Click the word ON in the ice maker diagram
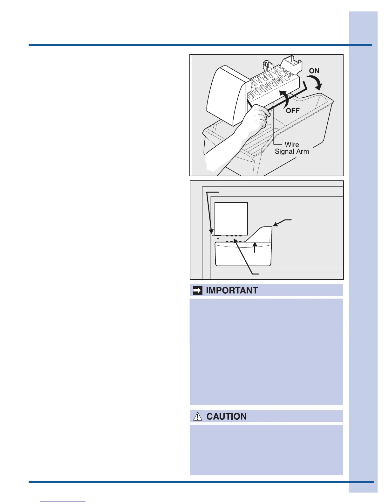314,71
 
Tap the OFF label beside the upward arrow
292,111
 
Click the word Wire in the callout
291,145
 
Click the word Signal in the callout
284,152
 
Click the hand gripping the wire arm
257,119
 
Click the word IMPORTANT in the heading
232,290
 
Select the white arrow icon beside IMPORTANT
198,290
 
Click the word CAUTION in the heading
226,417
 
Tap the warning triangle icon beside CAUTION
198,416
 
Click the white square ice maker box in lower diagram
231,218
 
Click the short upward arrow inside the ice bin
255,247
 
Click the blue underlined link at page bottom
63,501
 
